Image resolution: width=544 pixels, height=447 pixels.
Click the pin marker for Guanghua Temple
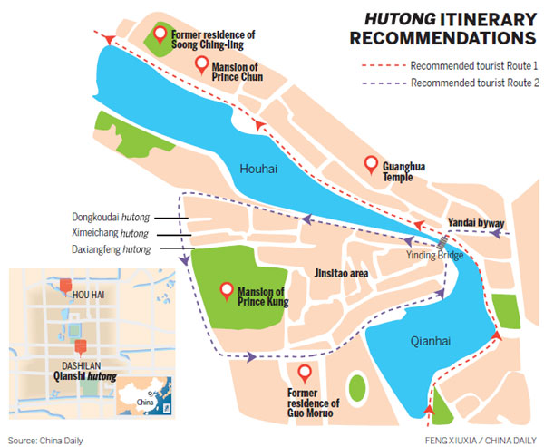[x=370, y=165]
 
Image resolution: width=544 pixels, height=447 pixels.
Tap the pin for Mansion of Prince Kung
[x=228, y=290]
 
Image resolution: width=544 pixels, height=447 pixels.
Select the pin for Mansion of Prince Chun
[x=202, y=64]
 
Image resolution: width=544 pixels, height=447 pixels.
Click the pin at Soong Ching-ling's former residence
[x=160, y=35]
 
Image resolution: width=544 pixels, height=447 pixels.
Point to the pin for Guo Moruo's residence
[x=304, y=373]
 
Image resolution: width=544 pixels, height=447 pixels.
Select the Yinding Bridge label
[x=433, y=255]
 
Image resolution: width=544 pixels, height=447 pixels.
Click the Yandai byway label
[x=475, y=222]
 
